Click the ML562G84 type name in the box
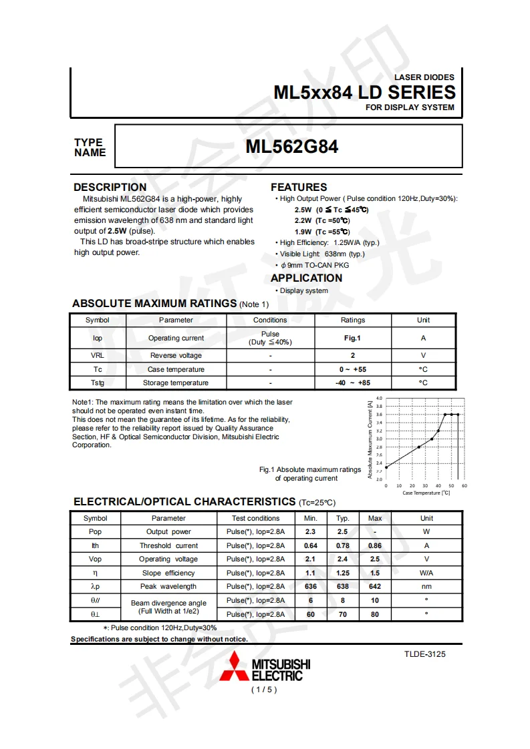(x=291, y=146)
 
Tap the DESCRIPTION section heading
(x=110, y=187)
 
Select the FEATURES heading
(x=299, y=187)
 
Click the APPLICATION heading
(x=306, y=278)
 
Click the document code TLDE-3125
(x=424, y=654)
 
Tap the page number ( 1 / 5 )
(x=263, y=689)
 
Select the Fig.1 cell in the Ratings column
(x=353, y=338)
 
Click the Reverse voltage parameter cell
(x=176, y=355)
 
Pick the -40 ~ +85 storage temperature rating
(x=353, y=383)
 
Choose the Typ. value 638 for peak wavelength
(x=343, y=586)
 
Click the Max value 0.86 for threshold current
(x=375, y=545)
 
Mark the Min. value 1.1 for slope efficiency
(x=310, y=573)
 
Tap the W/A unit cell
(x=426, y=573)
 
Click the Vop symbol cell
(x=95, y=559)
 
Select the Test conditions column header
(x=255, y=518)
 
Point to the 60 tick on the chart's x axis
(x=464, y=485)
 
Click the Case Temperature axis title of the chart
(x=426, y=493)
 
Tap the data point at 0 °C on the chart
(x=386, y=467)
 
